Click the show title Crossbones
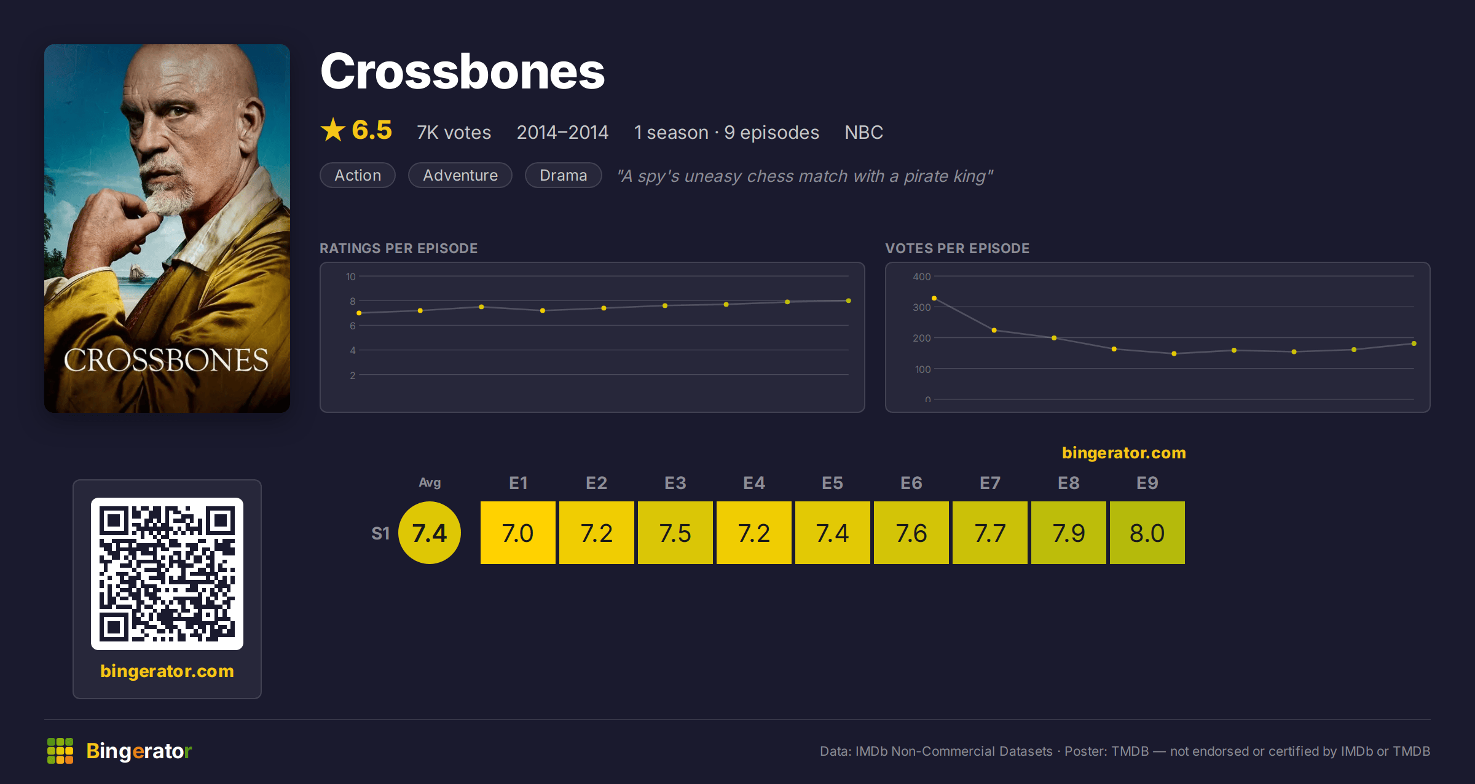[462, 71]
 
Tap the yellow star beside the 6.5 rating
[333, 130]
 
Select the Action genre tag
[358, 175]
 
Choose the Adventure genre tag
[460, 175]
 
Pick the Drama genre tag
[563, 175]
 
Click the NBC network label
[863, 132]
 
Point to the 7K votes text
[454, 132]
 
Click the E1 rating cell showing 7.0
[518, 533]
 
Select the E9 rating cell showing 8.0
[1147, 533]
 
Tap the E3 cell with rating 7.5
[675, 533]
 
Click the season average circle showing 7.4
[430, 533]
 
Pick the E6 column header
[911, 483]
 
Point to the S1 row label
[380, 533]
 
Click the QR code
[167, 574]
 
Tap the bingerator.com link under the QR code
[167, 671]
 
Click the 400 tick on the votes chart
[922, 276]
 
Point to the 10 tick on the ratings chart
[351, 276]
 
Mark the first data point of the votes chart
[934, 298]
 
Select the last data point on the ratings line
[849, 300]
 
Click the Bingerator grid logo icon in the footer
[60, 751]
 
